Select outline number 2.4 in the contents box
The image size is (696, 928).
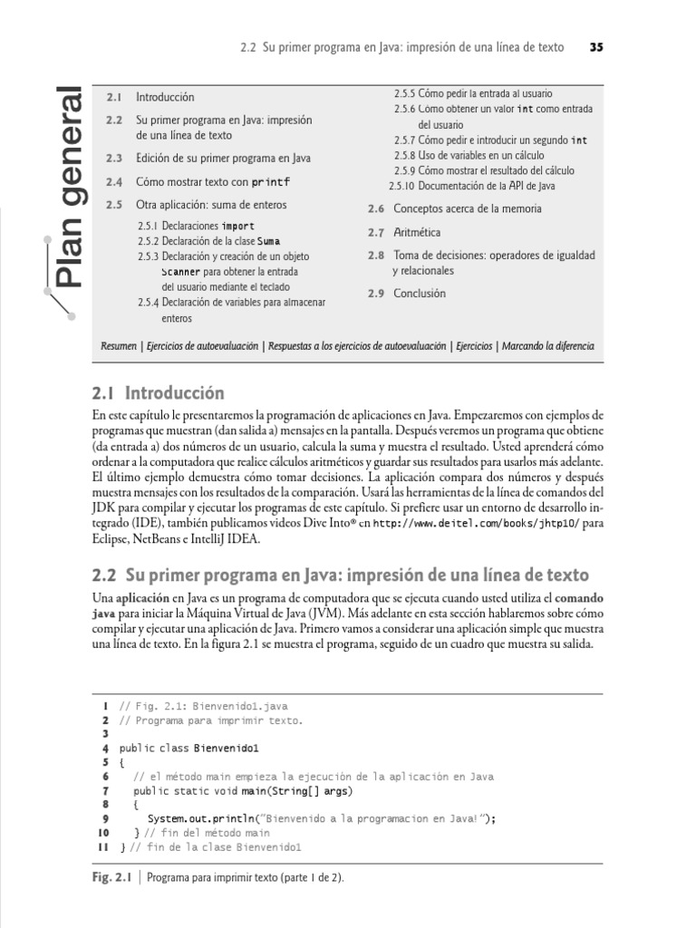[x=113, y=181]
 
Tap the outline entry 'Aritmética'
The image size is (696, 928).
[x=418, y=233]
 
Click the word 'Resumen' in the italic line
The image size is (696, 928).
[x=118, y=347]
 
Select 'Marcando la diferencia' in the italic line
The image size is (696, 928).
[x=548, y=347]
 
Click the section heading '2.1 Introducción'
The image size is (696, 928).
[x=158, y=393]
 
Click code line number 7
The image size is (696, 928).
[x=105, y=790]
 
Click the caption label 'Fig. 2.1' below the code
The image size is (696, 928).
[x=112, y=878]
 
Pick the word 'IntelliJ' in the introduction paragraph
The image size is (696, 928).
[x=193, y=539]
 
